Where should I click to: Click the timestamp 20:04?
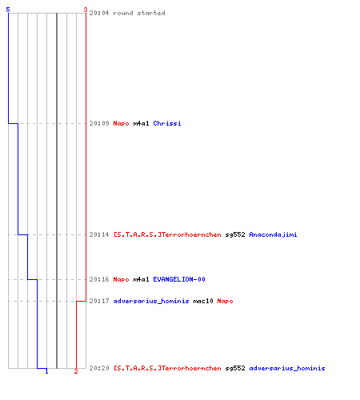click(99, 13)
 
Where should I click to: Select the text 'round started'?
click(139, 13)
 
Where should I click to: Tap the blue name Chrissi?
click(167, 123)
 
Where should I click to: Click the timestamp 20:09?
click(99, 123)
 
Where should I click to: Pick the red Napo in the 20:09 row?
click(121, 123)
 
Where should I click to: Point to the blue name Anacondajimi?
click(273, 234)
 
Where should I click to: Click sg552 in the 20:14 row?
click(235, 234)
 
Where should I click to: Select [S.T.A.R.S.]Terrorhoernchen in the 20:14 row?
click(167, 234)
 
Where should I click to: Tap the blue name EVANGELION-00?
click(179, 279)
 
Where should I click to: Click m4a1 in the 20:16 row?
click(141, 279)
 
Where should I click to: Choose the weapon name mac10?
click(203, 301)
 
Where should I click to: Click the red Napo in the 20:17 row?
click(225, 302)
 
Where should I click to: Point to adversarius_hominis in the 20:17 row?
click(151, 301)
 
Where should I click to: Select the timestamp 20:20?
click(99, 368)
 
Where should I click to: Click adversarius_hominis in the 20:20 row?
click(287, 368)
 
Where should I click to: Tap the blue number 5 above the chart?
click(8, 10)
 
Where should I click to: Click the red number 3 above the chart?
click(86, 10)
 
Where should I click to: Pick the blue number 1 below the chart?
click(46, 371)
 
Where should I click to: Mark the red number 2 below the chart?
click(76, 371)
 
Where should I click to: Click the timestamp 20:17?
click(99, 301)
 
